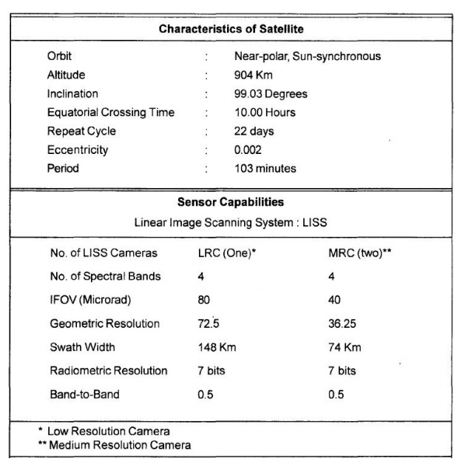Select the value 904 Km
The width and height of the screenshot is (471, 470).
(253, 75)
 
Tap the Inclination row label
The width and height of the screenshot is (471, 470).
(72, 94)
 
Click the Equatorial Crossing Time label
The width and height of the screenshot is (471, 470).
(111, 113)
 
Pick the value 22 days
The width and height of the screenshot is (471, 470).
(254, 131)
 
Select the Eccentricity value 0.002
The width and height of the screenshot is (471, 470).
(248, 150)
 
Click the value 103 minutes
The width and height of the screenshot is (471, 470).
(265, 168)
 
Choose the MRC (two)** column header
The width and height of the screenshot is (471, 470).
(359, 253)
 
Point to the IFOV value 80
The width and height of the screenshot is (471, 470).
(204, 300)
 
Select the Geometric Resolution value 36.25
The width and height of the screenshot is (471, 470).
(342, 323)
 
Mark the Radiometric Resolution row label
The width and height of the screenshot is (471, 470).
(109, 370)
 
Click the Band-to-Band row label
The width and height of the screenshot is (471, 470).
(84, 394)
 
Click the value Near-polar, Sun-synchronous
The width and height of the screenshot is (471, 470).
(308, 56)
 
